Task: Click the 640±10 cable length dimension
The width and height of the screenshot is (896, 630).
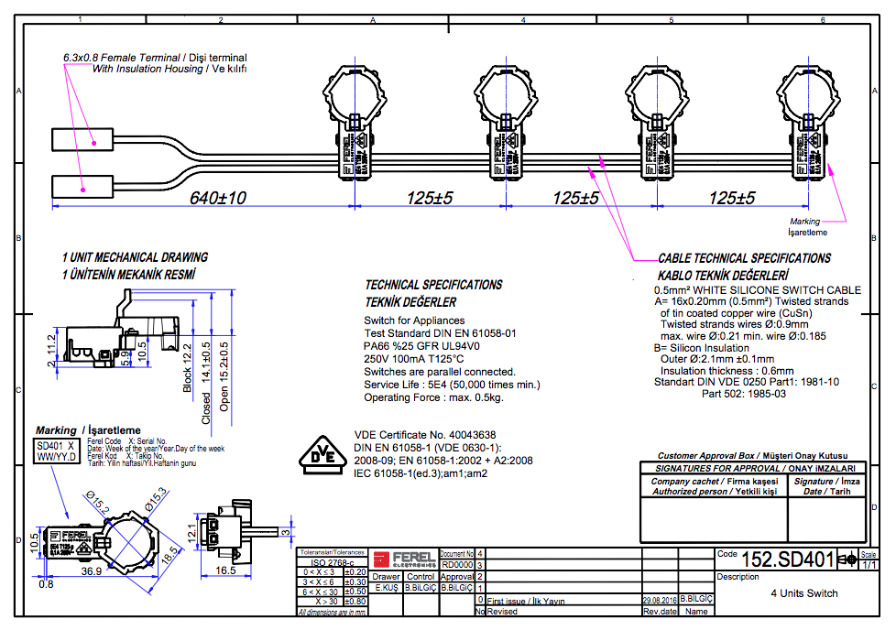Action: coord(218,198)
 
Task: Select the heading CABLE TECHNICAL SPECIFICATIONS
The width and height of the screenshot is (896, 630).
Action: coord(744,258)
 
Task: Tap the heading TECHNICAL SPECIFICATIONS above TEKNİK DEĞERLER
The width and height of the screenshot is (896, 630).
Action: coord(433,285)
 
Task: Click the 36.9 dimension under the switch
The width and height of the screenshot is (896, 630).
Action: coord(92,570)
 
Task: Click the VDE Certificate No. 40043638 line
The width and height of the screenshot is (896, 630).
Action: coord(424,434)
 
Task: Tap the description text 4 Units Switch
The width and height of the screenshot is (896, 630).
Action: coord(803,592)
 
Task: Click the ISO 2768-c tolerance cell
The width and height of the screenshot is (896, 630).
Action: coord(332,561)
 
